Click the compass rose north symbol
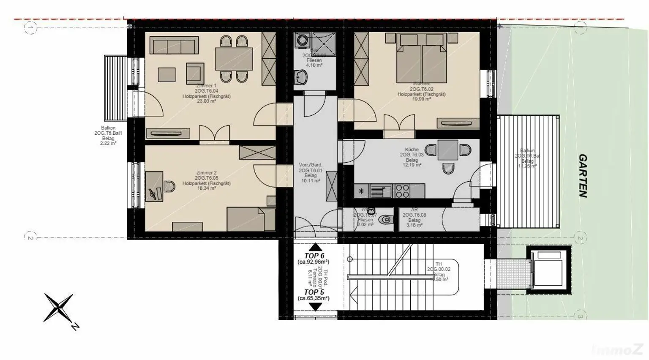coord(59,308)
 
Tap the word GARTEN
coord(583,176)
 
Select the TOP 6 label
coord(314,256)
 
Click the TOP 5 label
coord(314,292)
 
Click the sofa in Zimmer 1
coord(174,46)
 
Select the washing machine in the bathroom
coord(303,41)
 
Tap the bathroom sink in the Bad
coord(301,77)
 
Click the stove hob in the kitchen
coord(402,191)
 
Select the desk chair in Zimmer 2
coord(169,186)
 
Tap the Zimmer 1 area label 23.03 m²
coord(206,101)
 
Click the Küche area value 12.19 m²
coord(412,165)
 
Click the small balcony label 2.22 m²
coord(108,144)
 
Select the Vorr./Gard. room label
coord(311,165)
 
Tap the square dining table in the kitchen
coord(447,150)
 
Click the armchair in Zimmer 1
coord(194,73)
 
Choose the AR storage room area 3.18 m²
coord(414,225)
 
